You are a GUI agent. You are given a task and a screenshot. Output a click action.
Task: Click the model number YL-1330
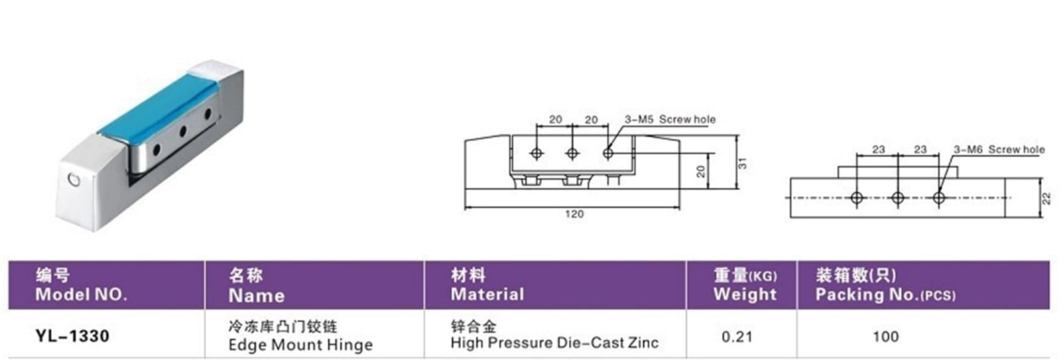[x=72, y=336]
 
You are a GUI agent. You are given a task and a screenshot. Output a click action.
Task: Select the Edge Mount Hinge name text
[x=300, y=344]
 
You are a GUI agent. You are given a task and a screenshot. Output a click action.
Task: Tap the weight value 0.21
[x=737, y=337]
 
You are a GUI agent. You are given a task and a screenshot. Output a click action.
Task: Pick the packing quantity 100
[x=886, y=337]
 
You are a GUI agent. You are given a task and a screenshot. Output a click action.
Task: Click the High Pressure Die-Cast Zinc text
[x=554, y=343]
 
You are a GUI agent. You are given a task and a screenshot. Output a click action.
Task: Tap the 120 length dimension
[x=574, y=213]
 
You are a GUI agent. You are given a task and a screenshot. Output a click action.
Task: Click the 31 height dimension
[x=743, y=163]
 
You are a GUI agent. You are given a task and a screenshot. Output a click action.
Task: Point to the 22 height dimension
[x=1047, y=198]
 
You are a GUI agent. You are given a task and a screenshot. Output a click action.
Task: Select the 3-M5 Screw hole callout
[x=670, y=119]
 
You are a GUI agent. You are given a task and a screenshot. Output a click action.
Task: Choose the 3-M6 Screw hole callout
[x=999, y=150]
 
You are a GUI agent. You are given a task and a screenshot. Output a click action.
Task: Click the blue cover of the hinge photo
[x=156, y=111]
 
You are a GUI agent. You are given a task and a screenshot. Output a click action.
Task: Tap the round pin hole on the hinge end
[x=74, y=180]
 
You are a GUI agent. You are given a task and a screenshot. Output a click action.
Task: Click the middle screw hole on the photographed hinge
[x=182, y=131]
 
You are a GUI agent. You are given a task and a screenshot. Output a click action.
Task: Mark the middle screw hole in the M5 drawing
[x=572, y=153]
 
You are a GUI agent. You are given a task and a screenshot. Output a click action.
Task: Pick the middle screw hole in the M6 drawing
[x=898, y=198]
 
